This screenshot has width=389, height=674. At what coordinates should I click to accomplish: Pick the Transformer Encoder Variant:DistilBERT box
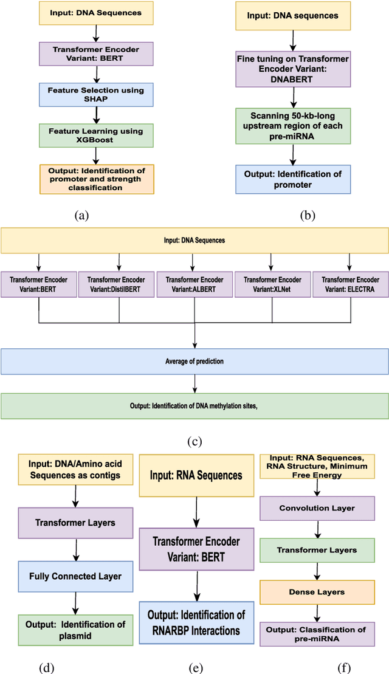[x=117, y=285]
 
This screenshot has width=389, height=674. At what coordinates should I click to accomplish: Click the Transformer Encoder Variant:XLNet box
[x=272, y=285]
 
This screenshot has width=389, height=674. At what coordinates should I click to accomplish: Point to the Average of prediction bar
[x=194, y=362]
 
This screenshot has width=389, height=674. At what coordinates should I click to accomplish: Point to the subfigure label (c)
[x=194, y=441]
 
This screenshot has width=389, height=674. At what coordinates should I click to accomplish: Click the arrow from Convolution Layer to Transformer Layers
[x=316, y=531]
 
